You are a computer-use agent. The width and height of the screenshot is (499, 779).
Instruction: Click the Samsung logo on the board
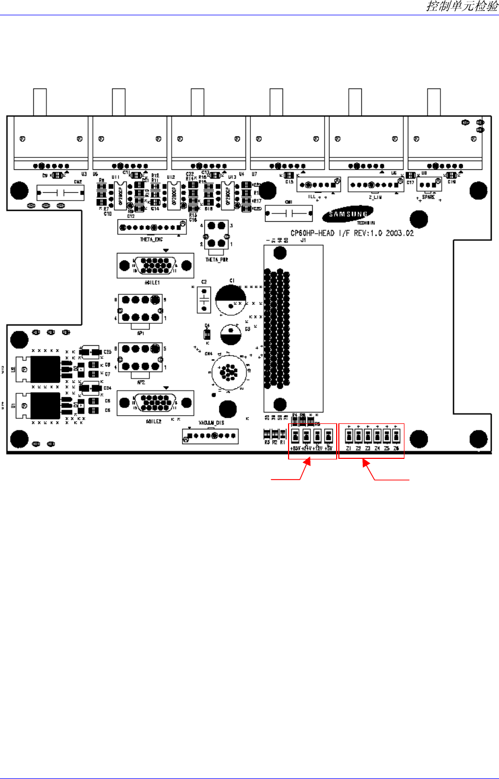pyautogui.click(x=344, y=215)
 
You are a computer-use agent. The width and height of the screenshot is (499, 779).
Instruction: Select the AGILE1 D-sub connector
pyautogui.click(x=155, y=266)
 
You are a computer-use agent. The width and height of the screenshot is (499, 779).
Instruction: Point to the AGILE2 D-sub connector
pyautogui.click(x=155, y=403)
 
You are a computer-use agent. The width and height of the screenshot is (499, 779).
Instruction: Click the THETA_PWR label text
pyautogui.click(x=217, y=259)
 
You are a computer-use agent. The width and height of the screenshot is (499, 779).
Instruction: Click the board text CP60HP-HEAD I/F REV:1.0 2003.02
pyautogui.click(x=352, y=233)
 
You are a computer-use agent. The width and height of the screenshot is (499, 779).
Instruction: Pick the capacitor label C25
pyautogui.click(x=108, y=352)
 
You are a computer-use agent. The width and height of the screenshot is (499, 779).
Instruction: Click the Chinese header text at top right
pyautogui.click(x=462, y=7)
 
